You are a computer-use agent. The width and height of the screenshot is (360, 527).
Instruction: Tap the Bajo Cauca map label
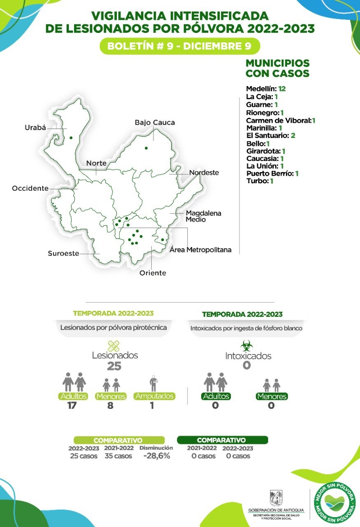point(155,122)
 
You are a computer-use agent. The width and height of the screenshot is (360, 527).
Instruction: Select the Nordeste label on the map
point(204,173)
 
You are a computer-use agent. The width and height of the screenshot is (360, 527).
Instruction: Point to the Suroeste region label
point(63,254)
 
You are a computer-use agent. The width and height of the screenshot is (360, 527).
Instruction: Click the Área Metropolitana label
point(201,250)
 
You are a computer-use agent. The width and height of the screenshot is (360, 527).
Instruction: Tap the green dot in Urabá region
point(71,138)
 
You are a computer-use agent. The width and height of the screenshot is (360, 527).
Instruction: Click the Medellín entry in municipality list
point(265,89)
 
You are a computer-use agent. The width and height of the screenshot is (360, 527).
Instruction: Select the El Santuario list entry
point(270,135)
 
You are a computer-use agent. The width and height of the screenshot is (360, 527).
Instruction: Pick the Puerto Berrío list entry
point(272,173)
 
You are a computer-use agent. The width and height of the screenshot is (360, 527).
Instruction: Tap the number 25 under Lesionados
point(114,366)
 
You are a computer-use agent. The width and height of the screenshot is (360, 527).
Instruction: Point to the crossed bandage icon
point(114,346)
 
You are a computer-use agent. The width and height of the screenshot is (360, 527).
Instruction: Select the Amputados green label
point(154,396)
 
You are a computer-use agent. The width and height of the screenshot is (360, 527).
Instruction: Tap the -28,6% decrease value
point(156,456)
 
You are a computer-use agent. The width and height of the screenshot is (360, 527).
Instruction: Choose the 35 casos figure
point(118,456)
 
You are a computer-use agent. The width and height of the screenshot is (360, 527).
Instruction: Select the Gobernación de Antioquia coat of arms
point(276,497)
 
